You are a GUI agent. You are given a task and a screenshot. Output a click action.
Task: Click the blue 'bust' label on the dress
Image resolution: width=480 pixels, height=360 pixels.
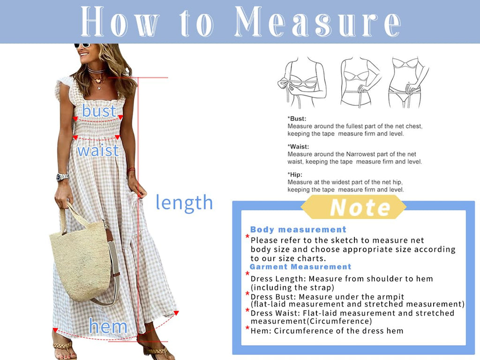point(99,111)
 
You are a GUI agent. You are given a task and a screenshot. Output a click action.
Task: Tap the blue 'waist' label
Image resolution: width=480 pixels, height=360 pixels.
point(97,150)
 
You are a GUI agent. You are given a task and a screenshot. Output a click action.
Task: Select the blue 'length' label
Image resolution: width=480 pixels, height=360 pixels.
point(184,202)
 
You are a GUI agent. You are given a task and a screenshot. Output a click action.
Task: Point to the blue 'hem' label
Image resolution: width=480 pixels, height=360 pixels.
point(108,326)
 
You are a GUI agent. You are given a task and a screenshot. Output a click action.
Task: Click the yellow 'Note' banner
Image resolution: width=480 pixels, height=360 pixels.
point(353,207)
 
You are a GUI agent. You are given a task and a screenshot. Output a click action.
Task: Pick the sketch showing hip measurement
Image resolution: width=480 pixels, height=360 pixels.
point(407,82)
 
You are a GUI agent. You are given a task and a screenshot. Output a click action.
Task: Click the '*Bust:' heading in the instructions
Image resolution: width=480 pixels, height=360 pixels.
point(297,119)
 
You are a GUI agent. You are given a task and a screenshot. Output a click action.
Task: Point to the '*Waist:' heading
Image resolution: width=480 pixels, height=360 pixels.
point(298,147)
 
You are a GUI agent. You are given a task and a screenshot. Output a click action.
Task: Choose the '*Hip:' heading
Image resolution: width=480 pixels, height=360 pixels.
point(295,174)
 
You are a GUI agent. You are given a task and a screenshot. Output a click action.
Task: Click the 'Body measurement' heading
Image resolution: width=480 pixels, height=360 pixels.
point(298,230)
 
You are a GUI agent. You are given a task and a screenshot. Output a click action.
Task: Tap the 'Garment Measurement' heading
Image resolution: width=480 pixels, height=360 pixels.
point(300,267)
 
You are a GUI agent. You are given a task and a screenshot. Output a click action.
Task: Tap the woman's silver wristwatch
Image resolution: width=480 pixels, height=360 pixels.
point(62,177)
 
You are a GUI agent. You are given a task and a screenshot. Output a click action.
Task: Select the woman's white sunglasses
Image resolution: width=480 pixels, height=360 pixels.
point(82,45)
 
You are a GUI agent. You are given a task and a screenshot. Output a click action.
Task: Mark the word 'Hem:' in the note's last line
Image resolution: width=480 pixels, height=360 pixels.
point(261,331)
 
